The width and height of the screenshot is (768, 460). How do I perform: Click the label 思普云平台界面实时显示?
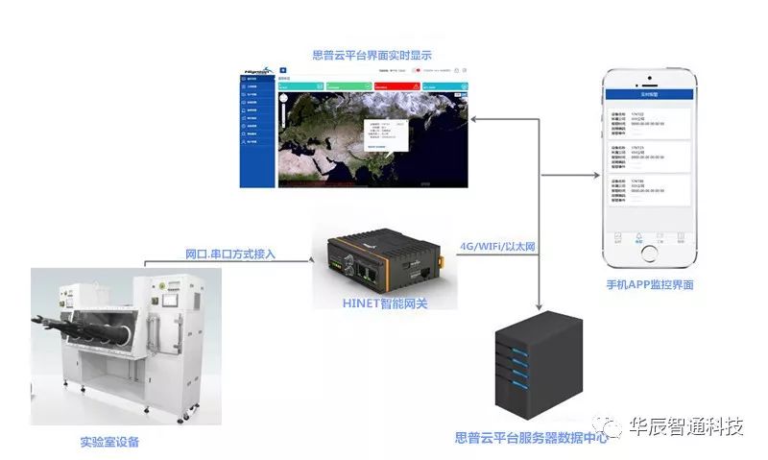[x=372, y=55]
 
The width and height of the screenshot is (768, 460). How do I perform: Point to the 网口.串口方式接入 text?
[x=230, y=254]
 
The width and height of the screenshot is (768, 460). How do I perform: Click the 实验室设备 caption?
[x=110, y=443]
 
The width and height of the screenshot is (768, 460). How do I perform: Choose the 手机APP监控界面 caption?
[x=650, y=285]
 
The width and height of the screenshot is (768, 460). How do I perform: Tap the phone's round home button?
[x=650, y=254]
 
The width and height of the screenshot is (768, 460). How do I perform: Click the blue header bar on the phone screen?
[x=650, y=95]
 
